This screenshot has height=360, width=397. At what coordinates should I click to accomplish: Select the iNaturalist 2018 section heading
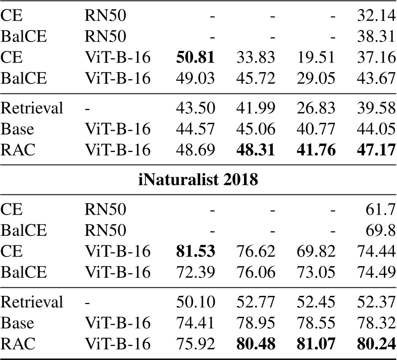click(198, 180)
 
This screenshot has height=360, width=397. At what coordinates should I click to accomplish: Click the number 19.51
click(315, 58)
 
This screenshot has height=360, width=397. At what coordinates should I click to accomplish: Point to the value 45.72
click(255, 79)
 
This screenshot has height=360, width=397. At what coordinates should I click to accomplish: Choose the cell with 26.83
click(315, 109)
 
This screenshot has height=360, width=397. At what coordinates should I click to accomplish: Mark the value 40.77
click(315, 130)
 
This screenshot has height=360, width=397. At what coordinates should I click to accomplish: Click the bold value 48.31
click(255, 151)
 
